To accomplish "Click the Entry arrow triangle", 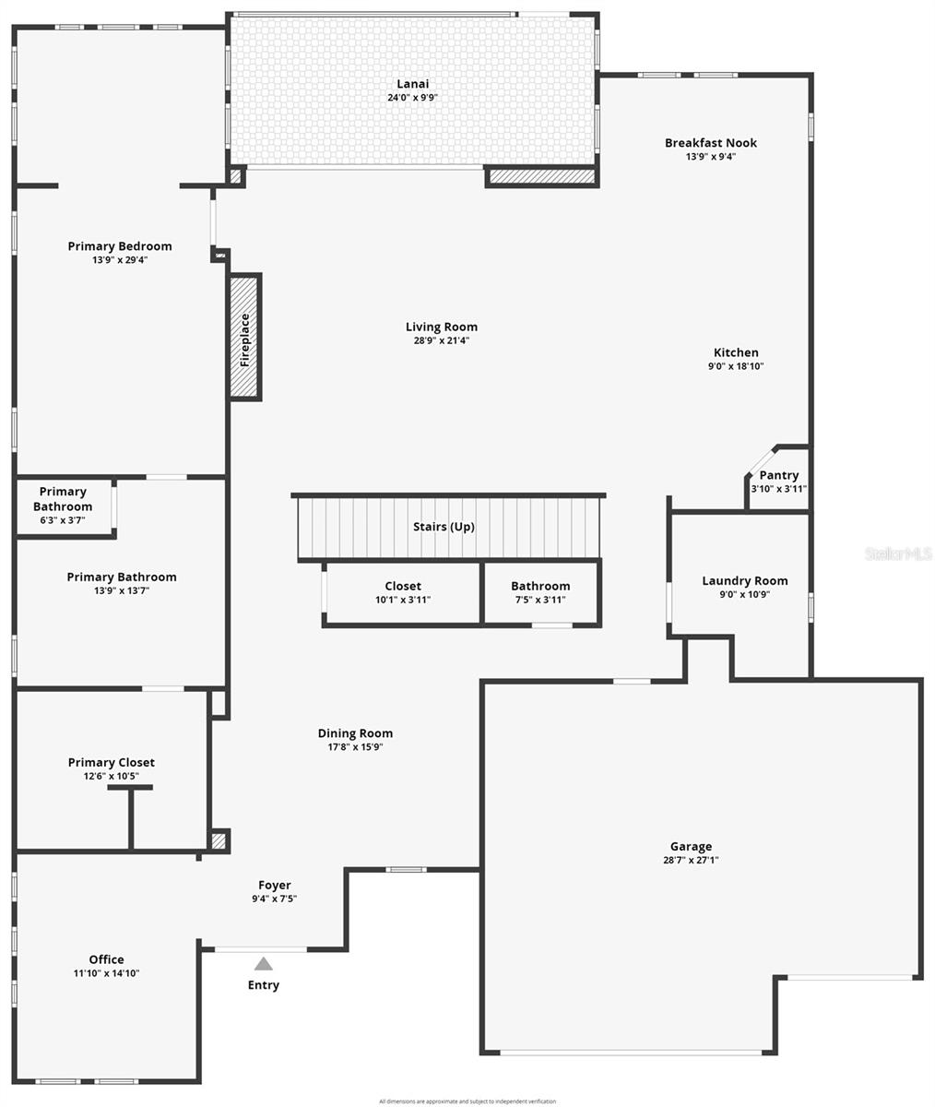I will point(264,964).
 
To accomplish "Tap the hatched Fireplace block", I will point(244,338).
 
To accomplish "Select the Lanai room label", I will point(412,84).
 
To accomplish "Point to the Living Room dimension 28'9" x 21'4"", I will point(442,340).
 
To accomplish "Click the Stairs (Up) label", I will point(444,527).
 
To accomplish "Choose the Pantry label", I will point(779,475).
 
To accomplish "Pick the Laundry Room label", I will point(745,580).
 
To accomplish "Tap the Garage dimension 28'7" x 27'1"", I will point(691,860).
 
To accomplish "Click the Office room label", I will point(107,959).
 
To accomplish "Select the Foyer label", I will point(275,885).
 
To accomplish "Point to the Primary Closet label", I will point(112,762).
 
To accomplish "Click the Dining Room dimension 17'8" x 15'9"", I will point(355,747).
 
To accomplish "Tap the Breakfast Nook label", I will point(711,143).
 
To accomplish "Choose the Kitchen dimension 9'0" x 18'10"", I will point(736,366).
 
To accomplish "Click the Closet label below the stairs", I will point(403,586).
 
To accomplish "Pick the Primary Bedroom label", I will point(120,246).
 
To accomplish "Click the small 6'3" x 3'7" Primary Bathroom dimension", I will point(63,520).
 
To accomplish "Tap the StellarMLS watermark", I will point(898,553).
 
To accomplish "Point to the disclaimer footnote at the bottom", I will point(467,1101).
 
